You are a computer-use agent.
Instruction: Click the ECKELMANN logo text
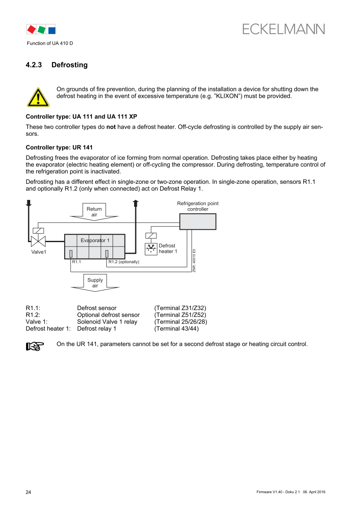point(283,29)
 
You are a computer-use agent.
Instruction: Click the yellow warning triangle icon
point(38,97)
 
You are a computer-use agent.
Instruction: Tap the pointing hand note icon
point(35,346)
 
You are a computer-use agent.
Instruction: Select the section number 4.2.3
point(34,65)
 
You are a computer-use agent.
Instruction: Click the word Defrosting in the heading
point(70,65)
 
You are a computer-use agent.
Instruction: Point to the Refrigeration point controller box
point(197,221)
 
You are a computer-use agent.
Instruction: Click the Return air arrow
point(94,211)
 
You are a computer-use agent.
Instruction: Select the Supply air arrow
point(95,283)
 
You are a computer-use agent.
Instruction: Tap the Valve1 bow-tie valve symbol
point(38,241)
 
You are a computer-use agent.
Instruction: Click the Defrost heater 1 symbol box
point(151,249)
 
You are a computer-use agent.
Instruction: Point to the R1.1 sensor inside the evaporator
point(71,253)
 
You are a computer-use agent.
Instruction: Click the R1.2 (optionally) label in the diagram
point(124,262)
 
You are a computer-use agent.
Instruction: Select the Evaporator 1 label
point(95,240)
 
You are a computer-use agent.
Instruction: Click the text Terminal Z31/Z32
point(180,308)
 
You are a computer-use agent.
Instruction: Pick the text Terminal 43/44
point(176,329)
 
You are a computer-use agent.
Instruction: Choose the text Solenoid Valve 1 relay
point(107,322)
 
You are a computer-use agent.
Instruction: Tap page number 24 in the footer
point(29,492)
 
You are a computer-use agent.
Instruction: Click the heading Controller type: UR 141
point(59,147)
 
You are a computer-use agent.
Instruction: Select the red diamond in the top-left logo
point(31,29)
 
